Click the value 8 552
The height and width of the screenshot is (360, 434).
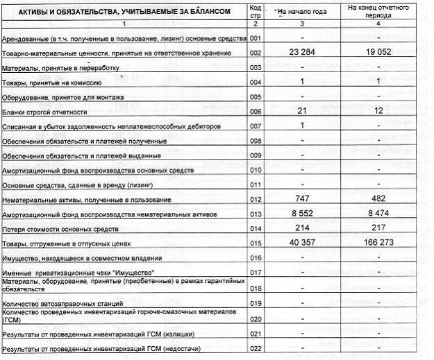[303, 214]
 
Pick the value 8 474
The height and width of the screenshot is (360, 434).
[379, 214]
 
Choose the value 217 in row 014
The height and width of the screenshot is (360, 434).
[379, 228]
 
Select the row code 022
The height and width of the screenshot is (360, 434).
[256, 348]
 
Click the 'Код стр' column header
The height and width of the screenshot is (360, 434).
[255, 11]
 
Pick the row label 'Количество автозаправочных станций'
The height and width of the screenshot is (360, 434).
[63, 304]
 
